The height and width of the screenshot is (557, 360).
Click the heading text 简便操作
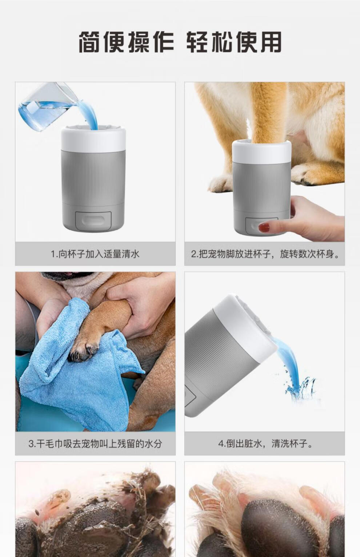pos(127,42)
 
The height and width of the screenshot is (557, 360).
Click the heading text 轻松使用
pos(234,42)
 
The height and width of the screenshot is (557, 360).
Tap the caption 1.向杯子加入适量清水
pos(95,254)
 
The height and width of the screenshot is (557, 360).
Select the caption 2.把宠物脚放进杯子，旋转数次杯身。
pos(265,254)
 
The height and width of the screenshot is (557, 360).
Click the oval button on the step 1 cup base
pos(93,220)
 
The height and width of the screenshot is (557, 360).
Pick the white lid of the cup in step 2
pos(261,152)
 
